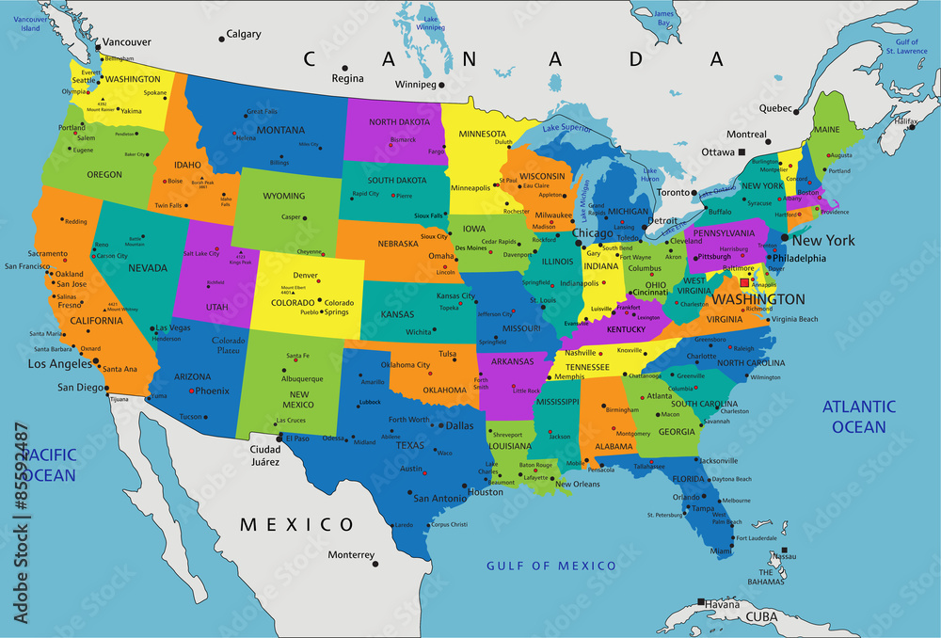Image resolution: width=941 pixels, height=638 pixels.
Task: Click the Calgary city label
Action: [244, 35]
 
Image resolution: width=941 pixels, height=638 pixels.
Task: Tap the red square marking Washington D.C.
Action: [744, 282]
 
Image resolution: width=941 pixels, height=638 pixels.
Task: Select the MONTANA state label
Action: [280, 130]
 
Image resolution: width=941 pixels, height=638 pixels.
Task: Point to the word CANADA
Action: [513, 59]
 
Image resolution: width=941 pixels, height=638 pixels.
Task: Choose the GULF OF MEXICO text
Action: [551, 566]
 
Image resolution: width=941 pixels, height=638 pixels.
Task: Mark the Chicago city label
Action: [593, 233]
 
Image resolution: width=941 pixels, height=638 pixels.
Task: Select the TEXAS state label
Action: [411, 445]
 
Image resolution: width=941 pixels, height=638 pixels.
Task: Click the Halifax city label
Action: [905, 121]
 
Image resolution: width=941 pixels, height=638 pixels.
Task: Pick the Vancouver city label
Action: [126, 42]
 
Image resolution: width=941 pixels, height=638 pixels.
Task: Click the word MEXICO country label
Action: [296, 525]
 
